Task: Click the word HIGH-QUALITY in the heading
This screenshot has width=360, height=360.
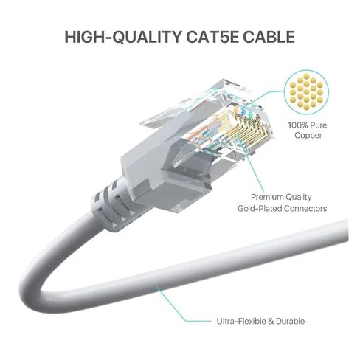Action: click(123, 37)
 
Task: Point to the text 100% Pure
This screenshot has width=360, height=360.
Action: click(308, 125)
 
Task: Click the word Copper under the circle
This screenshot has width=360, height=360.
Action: click(308, 135)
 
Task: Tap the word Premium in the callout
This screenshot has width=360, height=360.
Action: click(267, 197)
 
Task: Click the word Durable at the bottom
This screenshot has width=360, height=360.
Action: click(291, 321)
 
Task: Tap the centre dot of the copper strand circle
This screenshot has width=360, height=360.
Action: click(306, 92)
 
